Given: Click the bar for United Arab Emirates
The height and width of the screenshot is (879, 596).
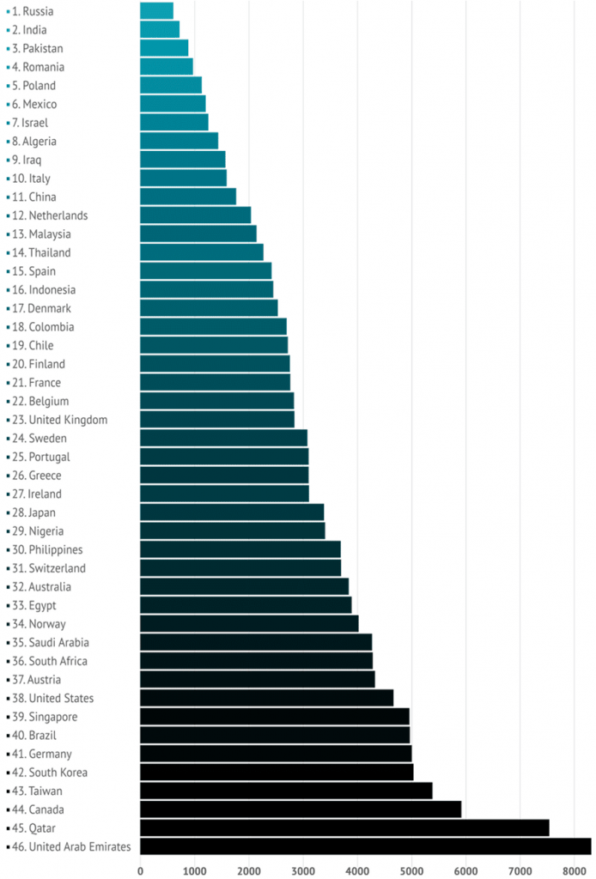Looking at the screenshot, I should tap(365, 846).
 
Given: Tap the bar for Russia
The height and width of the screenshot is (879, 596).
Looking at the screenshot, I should tap(156, 10).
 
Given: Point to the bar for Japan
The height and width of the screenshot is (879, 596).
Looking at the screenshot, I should tap(231, 512).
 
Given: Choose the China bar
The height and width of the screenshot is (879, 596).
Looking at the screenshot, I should tap(187, 197).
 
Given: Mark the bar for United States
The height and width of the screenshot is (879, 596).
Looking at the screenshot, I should tap(266, 698).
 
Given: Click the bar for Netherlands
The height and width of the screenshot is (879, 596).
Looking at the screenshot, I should tap(195, 215).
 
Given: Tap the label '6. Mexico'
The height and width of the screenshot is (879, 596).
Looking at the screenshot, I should tap(37, 104).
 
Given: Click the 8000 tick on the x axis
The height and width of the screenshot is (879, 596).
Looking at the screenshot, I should tap(575, 870).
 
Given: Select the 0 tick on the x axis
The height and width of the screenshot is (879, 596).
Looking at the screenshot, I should tap(140, 870).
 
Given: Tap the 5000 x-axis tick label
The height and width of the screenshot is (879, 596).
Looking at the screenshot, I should tap(411, 870).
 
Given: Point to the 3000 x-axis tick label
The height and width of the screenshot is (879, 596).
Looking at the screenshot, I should tap(303, 870).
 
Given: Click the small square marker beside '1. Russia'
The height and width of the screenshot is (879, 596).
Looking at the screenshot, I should tap(8, 11).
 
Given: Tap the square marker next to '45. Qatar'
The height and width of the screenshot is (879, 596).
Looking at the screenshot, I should tap(8, 828).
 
